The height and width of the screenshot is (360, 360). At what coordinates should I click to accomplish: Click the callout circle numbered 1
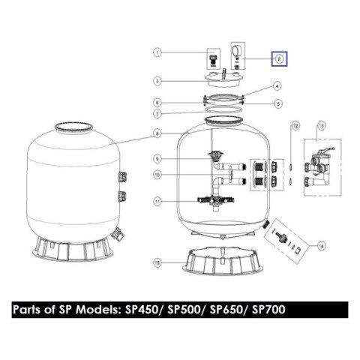157,52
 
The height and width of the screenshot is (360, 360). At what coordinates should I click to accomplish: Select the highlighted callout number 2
279,59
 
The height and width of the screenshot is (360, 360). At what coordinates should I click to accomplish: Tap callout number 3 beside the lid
157,81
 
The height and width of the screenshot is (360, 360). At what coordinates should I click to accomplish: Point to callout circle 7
157,114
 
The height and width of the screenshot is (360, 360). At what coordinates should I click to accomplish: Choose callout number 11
157,202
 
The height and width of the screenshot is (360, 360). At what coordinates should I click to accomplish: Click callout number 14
321,246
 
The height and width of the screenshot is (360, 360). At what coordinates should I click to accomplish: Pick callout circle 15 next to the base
157,262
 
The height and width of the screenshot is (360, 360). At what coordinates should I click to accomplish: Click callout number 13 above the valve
321,125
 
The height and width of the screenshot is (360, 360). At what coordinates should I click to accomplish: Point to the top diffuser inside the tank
214,155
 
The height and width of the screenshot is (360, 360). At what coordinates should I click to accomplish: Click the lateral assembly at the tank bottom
216,200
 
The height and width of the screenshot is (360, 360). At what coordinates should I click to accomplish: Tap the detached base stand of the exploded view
223,260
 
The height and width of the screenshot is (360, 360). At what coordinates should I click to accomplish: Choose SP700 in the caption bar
268,310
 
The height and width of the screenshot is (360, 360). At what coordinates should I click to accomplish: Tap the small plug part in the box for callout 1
213,61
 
